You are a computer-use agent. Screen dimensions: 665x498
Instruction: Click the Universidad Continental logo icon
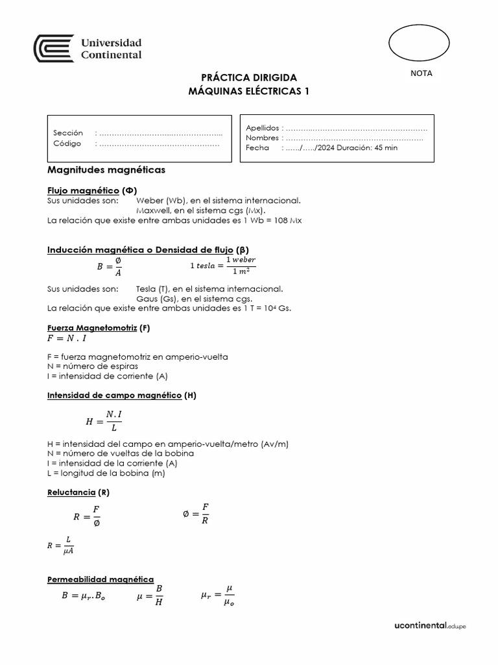pos(54,49)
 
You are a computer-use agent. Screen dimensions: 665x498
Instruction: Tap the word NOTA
pos(421,73)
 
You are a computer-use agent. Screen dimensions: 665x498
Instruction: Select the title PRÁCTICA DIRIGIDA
pos(248,77)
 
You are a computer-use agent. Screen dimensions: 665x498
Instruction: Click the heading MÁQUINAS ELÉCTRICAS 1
pos(248,92)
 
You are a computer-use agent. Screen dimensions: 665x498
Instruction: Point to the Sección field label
pos(68,133)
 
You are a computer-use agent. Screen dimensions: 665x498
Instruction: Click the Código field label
pos(67,144)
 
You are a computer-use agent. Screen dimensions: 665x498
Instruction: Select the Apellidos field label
pos(262,128)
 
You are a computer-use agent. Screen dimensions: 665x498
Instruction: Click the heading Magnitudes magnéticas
pos(106,170)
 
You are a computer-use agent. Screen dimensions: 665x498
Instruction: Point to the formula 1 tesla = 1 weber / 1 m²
pos(222,266)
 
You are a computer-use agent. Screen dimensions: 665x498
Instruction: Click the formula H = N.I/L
pos(104,421)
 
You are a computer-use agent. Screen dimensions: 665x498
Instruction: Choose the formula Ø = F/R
pos(196,513)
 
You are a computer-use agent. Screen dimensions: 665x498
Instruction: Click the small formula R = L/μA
pos(61,546)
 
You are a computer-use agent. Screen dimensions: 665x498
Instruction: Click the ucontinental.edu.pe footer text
pos(430,626)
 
